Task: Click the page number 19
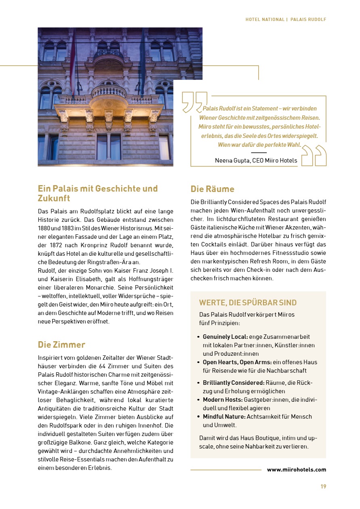pos(323,486)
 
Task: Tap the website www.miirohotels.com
pos(296,469)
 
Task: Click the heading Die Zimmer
pos(61,344)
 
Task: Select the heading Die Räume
pos(212,189)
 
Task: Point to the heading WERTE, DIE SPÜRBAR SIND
pos(248,302)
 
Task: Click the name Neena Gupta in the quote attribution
pos(232,161)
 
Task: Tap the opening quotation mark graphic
pos(194,102)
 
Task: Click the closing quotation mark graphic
pos(314,156)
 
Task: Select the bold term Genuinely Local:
pos(225,336)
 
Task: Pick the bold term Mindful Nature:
pos(224,416)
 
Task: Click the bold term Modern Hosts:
pos(222,399)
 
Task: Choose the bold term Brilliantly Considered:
pos(233,382)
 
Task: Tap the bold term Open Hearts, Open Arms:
pos(237,362)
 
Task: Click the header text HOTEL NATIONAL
pos(265,19)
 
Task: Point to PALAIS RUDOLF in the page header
pos(308,19)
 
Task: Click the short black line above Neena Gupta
pos(259,153)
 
